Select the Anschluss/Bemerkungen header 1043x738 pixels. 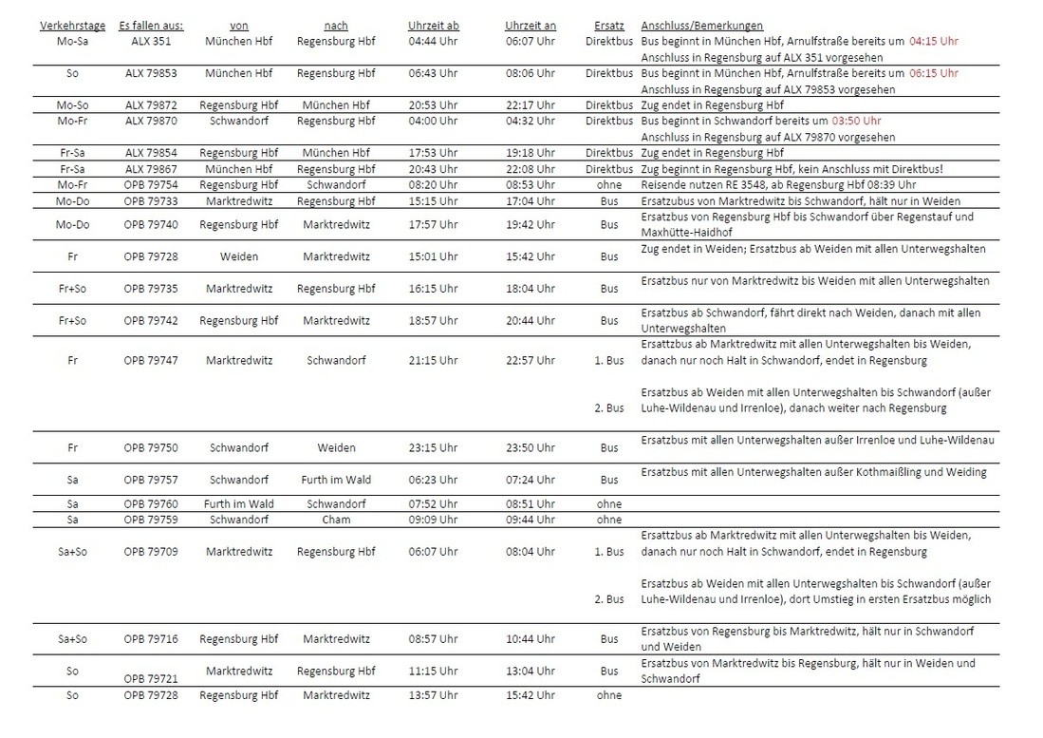[x=701, y=26]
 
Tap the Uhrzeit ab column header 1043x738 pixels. [x=433, y=26]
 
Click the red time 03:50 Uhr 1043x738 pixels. [x=856, y=122]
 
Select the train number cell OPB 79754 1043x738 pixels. [x=151, y=184]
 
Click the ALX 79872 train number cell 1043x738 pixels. [x=151, y=105]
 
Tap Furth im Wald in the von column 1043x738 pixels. [x=239, y=503]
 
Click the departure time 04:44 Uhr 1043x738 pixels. [x=433, y=42]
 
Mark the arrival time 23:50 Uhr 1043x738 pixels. [x=531, y=448]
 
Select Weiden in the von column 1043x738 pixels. [x=239, y=256]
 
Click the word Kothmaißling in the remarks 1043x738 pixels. [x=883, y=472]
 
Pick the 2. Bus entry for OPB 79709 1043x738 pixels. [x=608, y=599]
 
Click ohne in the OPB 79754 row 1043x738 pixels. [x=608, y=184]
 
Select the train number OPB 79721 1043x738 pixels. [x=151, y=679]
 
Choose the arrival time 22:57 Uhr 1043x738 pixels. [x=531, y=361]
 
